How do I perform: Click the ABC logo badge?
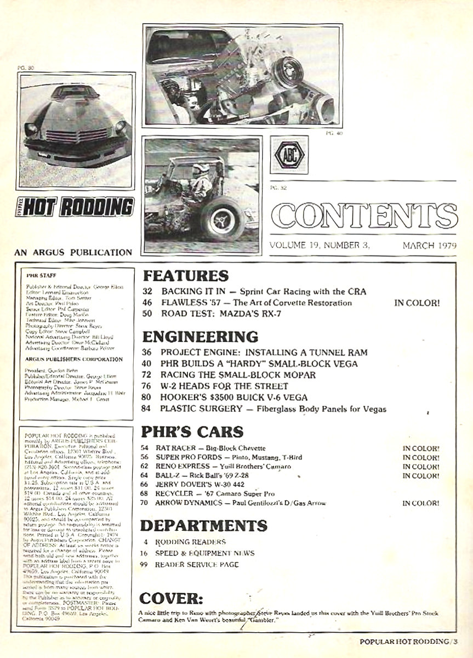pos(289,155)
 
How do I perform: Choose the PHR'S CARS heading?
pos(192,431)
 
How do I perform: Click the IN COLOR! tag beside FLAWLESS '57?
pos(416,302)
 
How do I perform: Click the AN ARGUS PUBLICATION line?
pos(74,253)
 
